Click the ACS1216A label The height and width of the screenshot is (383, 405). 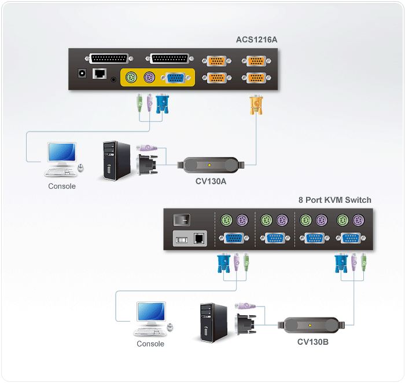(256, 39)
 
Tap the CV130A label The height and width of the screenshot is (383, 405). (211, 181)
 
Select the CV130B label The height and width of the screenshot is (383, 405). (313, 342)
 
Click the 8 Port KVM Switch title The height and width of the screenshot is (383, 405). (335, 200)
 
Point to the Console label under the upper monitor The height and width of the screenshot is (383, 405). (62, 186)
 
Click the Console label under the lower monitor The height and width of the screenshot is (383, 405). (150, 344)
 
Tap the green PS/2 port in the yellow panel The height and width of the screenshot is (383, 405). (131, 77)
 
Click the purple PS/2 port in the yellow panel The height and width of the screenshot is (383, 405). (149, 77)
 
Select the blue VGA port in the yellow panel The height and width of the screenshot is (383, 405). (176, 78)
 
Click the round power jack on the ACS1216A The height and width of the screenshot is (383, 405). (82, 74)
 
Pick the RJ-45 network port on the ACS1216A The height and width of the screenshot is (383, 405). (100, 74)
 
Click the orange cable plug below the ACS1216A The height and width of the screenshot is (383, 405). (256, 105)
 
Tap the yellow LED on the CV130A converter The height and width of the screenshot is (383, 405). (209, 165)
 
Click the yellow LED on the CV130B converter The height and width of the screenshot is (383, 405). (310, 325)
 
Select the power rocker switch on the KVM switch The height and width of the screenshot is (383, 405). (182, 220)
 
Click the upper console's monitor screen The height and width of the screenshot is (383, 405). (62, 152)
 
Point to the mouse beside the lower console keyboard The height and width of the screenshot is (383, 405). (170, 327)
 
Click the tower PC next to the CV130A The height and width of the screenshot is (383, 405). (116, 161)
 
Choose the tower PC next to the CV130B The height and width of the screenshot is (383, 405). (213, 323)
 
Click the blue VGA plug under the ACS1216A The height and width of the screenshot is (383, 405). (162, 104)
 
